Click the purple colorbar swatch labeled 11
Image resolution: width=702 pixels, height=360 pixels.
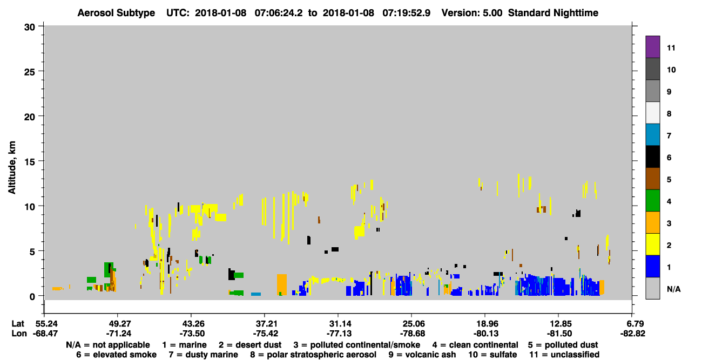[x=652, y=47]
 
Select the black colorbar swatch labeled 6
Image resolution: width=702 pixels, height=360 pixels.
[x=652, y=157]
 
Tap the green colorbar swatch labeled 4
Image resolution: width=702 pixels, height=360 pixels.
[x=652, y=201]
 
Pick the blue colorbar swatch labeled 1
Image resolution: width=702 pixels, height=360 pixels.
[x=652, y=266]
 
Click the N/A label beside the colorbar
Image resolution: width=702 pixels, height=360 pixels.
[x=673, y=289]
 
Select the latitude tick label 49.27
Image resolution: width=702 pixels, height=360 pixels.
[x=118, y=324]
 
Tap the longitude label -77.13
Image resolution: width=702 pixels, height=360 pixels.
[x=339, y=334]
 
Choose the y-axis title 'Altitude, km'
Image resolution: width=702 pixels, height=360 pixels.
[x=11, y=168]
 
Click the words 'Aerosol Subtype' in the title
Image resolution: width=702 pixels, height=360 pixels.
[x=116, y=13]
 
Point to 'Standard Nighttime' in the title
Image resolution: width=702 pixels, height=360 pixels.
[x=553, y=13]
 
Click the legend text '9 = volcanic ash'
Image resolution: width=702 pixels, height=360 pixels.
[x=422, y=355]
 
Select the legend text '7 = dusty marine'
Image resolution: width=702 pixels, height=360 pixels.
[x=203, y=355]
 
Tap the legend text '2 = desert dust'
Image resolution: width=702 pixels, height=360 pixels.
[x=250, y=345]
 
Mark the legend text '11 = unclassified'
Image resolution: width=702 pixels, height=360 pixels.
[x=564, y=355]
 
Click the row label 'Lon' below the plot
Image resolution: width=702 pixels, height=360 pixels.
[x=19, y=334]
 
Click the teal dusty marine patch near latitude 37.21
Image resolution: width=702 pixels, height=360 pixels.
[x=256, y=294]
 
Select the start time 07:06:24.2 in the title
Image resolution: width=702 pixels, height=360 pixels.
[x=279, y=13]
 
